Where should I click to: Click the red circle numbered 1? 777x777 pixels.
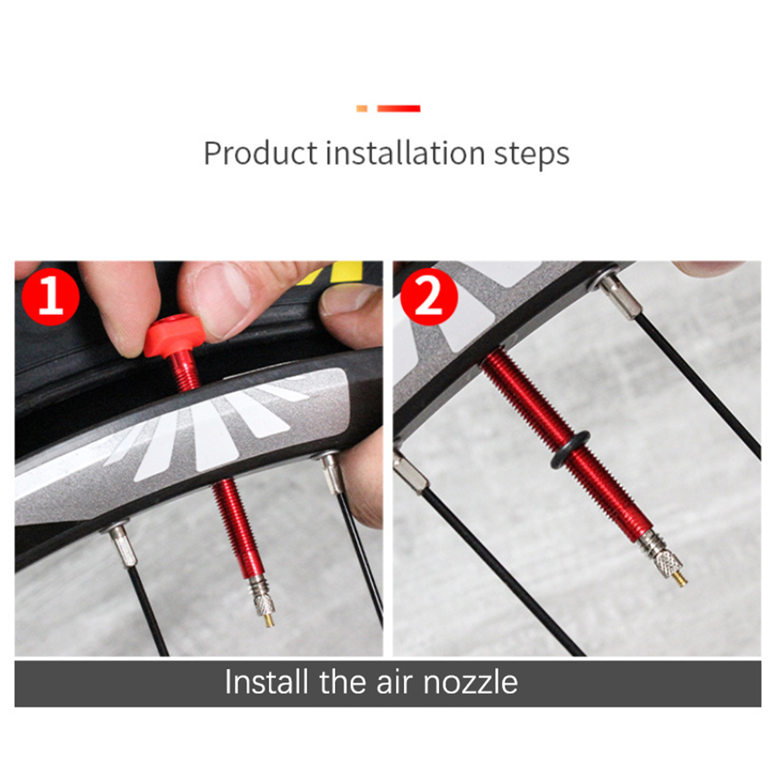[x=50, y=296]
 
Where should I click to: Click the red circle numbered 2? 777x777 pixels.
[x=429, y=296]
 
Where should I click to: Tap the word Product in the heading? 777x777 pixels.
[x=260, y=153]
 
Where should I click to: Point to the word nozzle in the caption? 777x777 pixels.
[x=470, y=682]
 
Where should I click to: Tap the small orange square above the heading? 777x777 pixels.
[x=361, y=109]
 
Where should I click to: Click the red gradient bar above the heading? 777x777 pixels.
[x=399, y=109]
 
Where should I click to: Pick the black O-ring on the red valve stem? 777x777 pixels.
[x=570, y=450]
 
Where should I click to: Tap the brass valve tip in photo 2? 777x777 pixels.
[x=680, y=578]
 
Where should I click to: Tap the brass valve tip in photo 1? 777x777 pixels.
[x=268, y=620]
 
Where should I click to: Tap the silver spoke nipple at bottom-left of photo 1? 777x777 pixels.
[x=122, y=544]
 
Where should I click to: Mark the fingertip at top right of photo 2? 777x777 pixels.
[x=708, y=268]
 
